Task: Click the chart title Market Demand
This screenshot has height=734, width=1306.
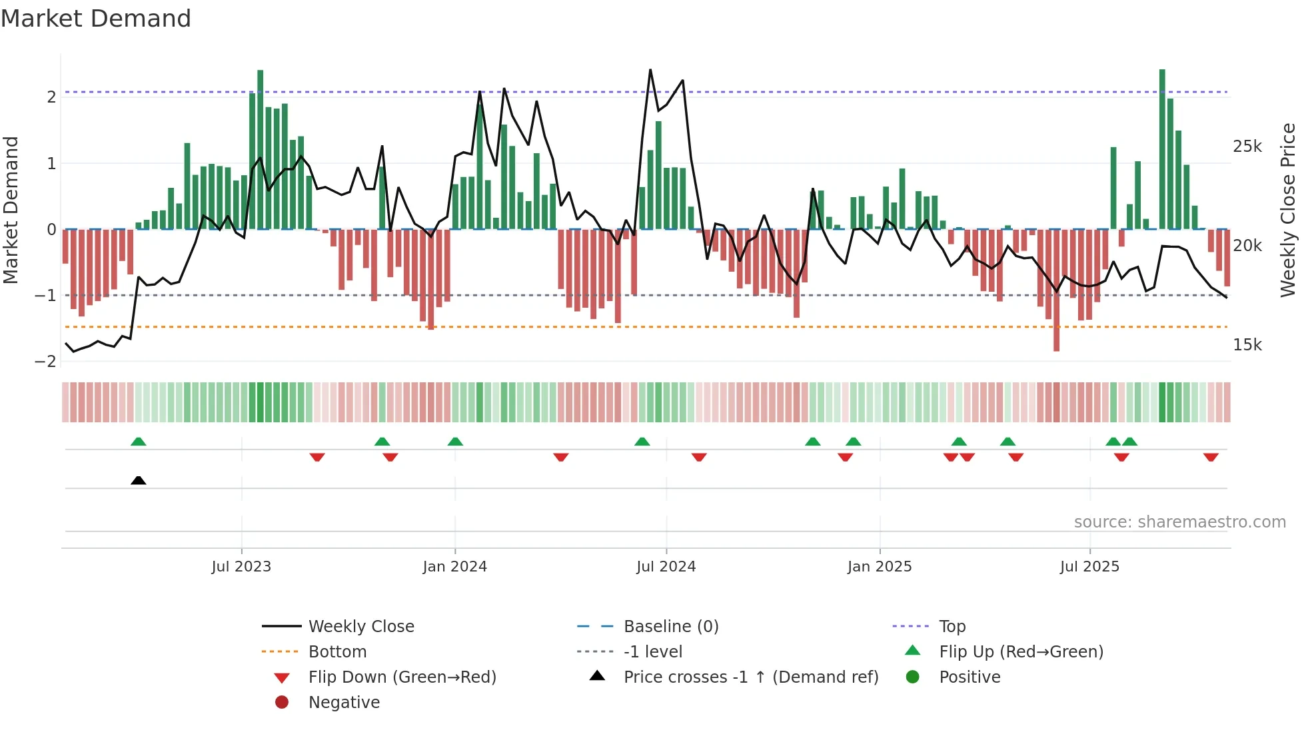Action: click(x=96, y=19)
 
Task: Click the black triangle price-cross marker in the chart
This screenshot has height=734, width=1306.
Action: click(x=138, y=480)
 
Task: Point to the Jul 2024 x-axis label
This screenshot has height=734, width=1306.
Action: click(x=666, y=567)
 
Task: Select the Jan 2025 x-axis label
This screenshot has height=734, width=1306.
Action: click(x=879, y=567)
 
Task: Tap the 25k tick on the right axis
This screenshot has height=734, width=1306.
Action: click(x=1247, y=147)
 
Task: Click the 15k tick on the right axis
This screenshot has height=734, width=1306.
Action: click(x=1247, y=345)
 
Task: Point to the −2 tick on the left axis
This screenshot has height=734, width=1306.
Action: click(x=46, y=362)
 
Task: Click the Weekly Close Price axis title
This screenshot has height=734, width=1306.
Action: click(x=1287, y=210)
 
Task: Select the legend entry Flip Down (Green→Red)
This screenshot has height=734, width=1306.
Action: click(x=402, y=677)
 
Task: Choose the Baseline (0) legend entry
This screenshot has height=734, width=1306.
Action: click(x=670, y=627)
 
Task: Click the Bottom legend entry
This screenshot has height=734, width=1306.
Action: click(x=337, y=652)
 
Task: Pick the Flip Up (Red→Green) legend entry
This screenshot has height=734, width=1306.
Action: click(x=1021, y=652)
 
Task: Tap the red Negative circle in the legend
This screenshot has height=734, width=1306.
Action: click(x=282, y=703)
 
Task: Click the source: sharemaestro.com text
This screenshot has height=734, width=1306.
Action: click(x=1179, y=522)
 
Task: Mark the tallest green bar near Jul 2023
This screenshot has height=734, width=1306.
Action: click(x=260, y=150)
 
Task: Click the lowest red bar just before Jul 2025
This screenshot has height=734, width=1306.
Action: click(x=1056, y=290)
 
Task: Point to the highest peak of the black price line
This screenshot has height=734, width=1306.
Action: click(x=650, y=70)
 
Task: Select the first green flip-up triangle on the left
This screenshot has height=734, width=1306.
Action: click(x=138, y=442)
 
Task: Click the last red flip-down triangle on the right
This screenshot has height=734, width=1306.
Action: click(x=1211, y=457)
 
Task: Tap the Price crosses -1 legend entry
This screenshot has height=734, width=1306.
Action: click(x=750, y=677)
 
